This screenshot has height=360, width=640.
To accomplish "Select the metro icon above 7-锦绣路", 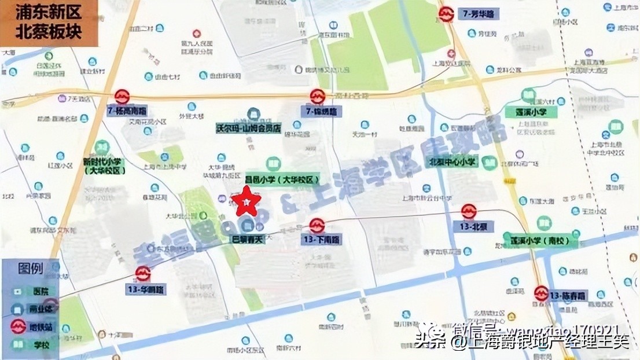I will pos(317,97).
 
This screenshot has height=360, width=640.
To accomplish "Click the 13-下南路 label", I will pos(321,239).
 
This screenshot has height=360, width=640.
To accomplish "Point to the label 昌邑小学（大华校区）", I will pos(282,180).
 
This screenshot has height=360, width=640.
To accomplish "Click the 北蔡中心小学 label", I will pos(453,162).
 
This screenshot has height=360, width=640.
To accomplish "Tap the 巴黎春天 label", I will pos(248,238).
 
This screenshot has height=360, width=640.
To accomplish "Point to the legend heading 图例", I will pos(30,269).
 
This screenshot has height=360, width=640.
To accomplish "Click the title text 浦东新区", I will pos(40,12).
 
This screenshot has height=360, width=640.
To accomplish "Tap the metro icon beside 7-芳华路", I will pos(446,14).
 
